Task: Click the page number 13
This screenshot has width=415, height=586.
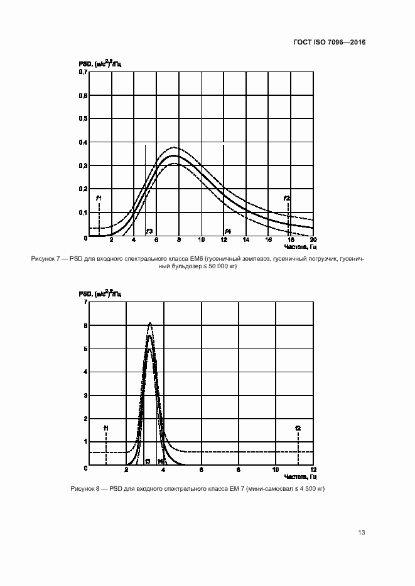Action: pos(361,533)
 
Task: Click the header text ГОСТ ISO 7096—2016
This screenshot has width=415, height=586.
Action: pos(330,43)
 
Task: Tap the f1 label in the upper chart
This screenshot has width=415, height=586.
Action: pos(99,198)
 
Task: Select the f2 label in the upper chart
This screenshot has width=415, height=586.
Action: pos(287,198)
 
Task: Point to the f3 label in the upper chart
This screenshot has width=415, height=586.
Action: pos(149,231)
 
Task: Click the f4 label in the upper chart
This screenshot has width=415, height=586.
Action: pos(228,231)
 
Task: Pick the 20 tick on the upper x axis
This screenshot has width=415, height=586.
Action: pos(313,240)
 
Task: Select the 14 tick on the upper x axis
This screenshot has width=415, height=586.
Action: pos(246,240)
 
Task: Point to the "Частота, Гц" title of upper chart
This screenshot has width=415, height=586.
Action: pos(299,246)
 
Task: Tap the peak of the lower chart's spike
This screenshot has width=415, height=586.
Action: pos(149,323)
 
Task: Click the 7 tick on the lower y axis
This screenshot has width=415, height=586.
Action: pos(85,303)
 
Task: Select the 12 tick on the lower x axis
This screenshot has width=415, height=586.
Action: pos(313,469)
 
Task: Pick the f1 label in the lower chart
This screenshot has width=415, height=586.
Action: pos(106,428)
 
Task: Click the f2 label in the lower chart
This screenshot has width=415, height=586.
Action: pos(298,428)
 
